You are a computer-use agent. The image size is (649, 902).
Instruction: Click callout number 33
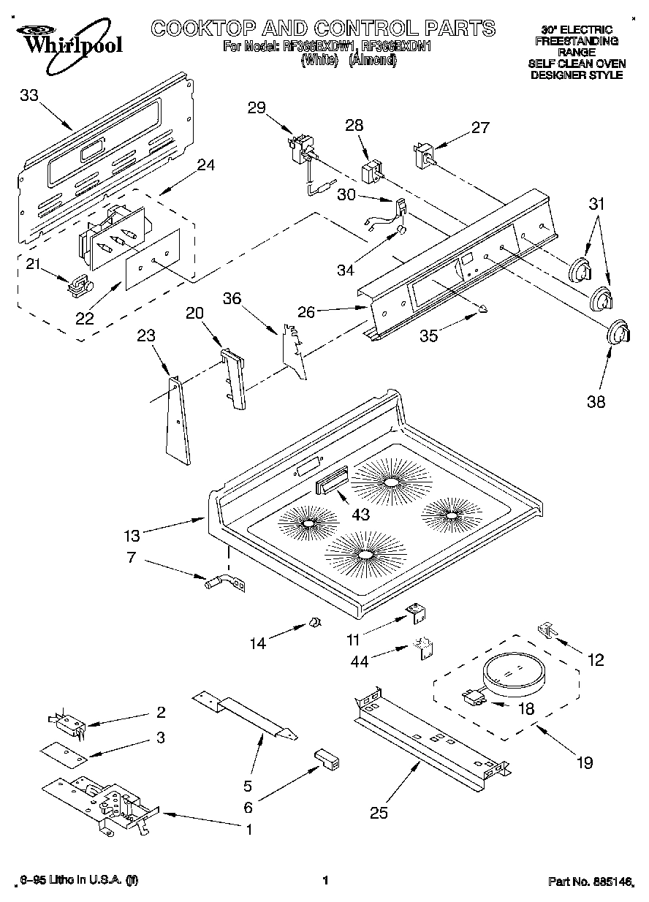pyautogui.click(x=29, y=95)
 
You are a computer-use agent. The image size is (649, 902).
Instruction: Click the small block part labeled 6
pyautogui.click(x=327, y=758)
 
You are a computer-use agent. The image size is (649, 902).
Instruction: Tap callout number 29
pyautogui.click(x=257, y=107)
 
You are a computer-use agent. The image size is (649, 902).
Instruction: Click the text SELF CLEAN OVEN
pyautogui.click(x=577, y=64)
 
